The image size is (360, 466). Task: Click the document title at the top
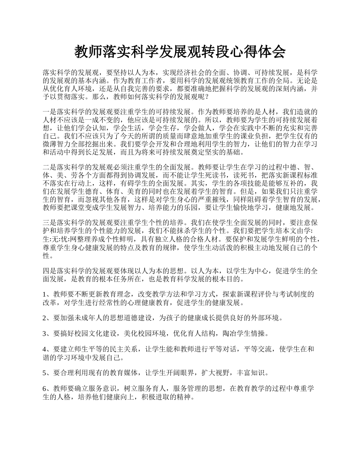coord(180,52)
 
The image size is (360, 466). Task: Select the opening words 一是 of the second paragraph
coord(49,112)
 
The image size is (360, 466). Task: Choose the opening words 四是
coord(49,271)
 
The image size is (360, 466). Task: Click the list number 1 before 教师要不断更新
coord(45,294)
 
